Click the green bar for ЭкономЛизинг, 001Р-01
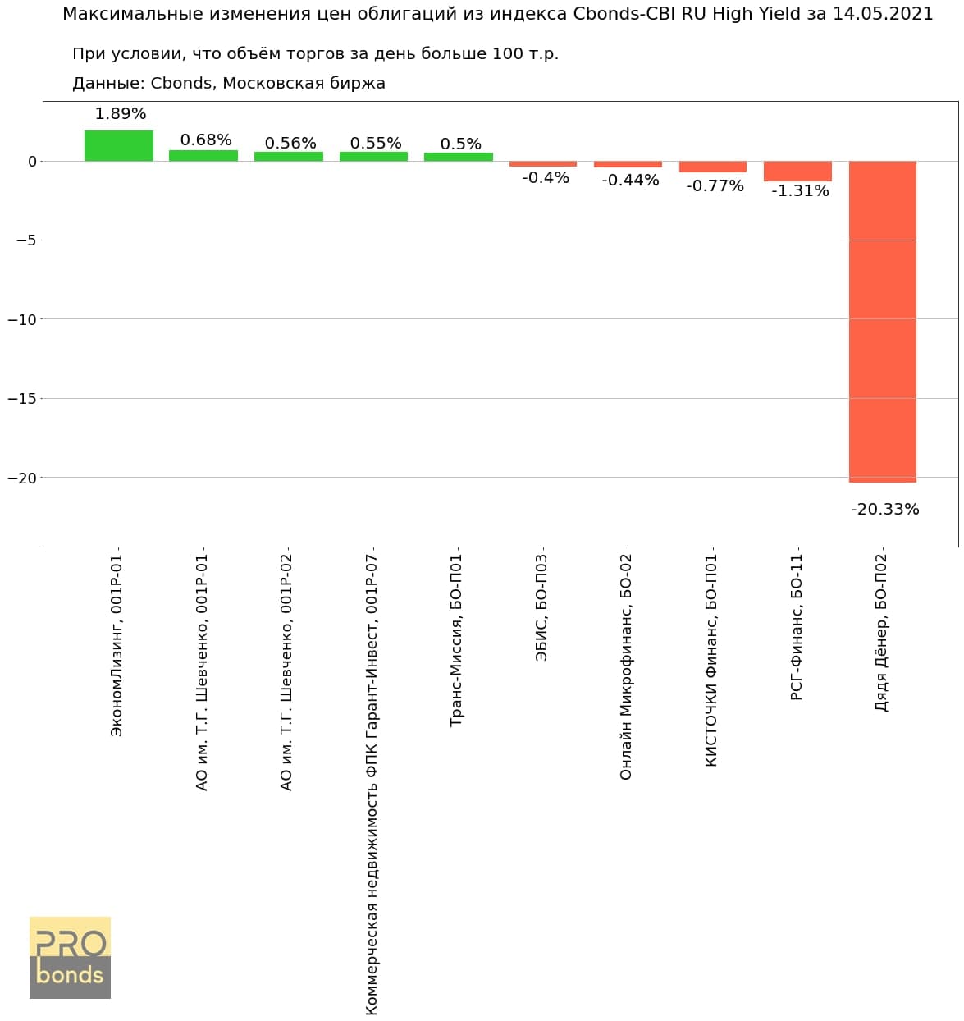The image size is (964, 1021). pos(119,146)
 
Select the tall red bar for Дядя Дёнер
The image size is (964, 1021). pos(882,321)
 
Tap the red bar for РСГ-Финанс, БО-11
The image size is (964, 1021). pos(797,171)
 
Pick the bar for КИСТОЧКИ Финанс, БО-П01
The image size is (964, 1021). pos(713,167)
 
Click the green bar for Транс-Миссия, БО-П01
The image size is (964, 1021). pos(459,157)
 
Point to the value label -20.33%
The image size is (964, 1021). pos(885,510)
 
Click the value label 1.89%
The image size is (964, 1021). pos(121,114)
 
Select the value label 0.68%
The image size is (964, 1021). pos(206,140)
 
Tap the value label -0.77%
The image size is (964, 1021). pos(715,186)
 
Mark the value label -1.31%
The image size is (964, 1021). pos(800,191)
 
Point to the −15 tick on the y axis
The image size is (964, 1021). pos(22,399)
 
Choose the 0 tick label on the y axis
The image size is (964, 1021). pos(32,162)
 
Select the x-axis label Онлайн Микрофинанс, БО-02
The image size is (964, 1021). pos(626,666)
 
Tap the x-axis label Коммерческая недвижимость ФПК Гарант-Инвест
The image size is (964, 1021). pos(372,784)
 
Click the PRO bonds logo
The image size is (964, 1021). pos(70,958)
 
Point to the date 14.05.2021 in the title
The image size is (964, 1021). pos(883,14)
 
